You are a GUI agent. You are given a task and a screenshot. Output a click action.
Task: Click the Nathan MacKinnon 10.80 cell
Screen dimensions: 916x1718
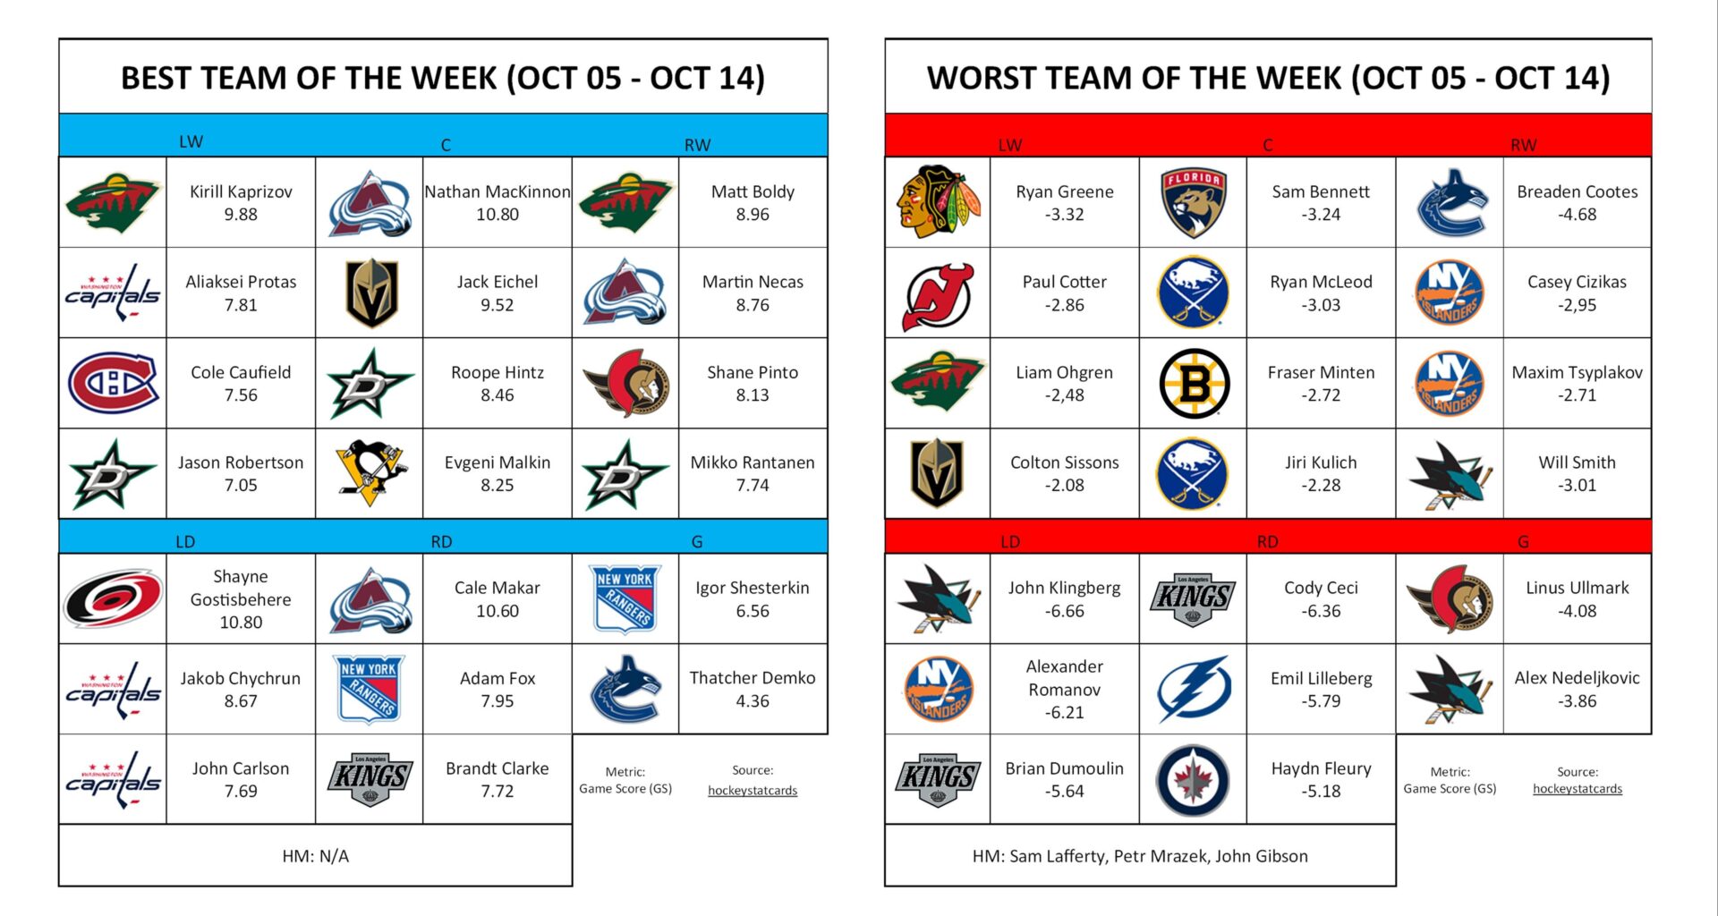[497, 203]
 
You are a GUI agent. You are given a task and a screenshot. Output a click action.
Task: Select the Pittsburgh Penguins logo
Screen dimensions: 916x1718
[370, 472]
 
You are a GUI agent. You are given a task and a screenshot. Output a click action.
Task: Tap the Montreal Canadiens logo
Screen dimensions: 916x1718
[113, 383]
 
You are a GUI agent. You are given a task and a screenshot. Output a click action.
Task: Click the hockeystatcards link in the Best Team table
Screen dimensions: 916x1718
[752, 790]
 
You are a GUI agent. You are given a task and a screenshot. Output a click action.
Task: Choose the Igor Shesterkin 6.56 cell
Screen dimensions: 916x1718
[752, 598]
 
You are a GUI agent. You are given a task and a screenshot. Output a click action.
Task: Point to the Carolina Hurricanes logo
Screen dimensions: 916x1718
[113, 598]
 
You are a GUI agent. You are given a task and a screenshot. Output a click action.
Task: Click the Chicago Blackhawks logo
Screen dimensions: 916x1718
[937, 202]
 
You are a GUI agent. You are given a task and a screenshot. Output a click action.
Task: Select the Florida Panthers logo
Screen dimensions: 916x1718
[1193, 202]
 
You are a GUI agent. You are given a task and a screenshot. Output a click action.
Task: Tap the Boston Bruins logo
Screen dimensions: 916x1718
[1193, 383]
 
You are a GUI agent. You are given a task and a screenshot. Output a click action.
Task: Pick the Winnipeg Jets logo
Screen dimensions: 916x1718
[1193, 780]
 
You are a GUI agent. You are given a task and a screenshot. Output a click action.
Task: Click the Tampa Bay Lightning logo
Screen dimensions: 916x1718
[1193, 689]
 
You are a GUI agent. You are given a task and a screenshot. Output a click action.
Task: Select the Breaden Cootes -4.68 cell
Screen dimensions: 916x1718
[1577, 203]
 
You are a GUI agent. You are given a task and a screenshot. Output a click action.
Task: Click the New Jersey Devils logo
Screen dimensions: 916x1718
[937, 293]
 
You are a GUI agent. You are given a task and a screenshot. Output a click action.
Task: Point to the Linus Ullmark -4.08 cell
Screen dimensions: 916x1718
[1577, 598]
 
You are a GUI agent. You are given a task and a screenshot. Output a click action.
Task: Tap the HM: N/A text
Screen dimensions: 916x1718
[315, 856]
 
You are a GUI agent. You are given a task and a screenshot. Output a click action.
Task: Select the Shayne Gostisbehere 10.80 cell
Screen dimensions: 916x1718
[240, 598]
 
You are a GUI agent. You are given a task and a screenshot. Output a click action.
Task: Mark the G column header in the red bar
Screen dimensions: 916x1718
[1522, 541]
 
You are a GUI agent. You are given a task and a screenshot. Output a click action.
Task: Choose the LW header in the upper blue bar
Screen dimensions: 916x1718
[191, 141]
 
